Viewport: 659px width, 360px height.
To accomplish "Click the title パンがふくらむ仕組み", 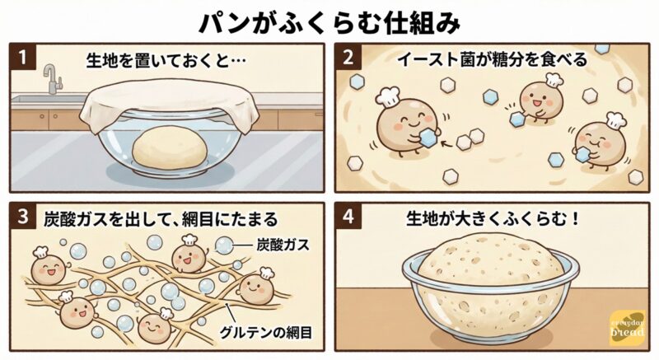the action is pos(329,24).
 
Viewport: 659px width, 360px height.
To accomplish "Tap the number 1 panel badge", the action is pos(23,57).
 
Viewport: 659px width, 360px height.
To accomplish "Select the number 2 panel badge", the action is pos(348,57).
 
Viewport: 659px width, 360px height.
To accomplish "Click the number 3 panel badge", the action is pos(23,217).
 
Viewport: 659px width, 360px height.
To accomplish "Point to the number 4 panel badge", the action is pos(348,217).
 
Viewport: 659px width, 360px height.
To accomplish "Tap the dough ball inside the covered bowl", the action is pos(170,148).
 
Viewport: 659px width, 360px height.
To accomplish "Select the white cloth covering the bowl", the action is pos(170,101).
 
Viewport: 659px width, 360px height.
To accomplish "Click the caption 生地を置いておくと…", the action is pos(166,60).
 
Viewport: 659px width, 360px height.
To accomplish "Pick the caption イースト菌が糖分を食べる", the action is pos(492,59).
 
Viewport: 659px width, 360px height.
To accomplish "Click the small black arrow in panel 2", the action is pos(448,144).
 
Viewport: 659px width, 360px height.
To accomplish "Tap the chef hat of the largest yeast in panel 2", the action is pos(388,96).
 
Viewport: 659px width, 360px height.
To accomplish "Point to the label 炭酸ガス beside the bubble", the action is pos(283,245).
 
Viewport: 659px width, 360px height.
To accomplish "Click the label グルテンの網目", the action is pos(265,333).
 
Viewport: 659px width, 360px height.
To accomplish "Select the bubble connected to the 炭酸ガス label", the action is pos(223,245).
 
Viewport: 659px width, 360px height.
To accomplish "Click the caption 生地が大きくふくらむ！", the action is pos(493,219).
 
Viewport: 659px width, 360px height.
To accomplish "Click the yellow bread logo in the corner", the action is pos(627,328).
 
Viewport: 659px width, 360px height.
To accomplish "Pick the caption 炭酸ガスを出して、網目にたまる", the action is pos(161,219).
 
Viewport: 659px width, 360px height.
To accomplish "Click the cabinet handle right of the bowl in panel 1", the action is pos(319,114).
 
